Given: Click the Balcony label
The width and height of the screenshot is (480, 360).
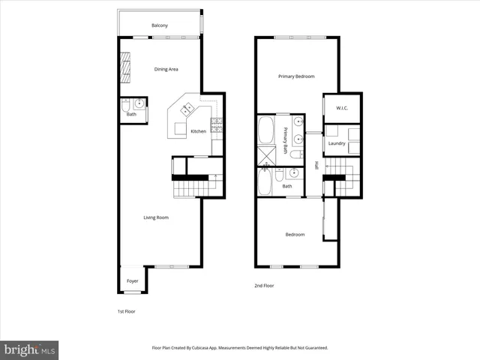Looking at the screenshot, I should coord(160,26).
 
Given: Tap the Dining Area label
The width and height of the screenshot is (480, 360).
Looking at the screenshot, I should coord(166,69).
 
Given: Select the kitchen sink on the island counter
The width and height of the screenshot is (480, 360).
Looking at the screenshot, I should coord(184,110).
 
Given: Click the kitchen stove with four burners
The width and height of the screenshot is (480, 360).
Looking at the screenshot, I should coord(217,124).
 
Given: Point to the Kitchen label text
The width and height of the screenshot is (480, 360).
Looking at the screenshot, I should coord(198,132).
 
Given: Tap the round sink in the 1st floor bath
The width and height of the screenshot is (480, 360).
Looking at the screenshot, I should coord(139,104).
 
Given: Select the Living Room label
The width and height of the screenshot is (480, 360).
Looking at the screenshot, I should coord(156,218).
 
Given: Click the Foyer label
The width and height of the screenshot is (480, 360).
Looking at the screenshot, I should coord(132,281).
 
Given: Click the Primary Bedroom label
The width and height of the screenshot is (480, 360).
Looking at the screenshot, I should coord(296,76).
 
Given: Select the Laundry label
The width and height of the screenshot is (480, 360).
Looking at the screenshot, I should coord(336,143).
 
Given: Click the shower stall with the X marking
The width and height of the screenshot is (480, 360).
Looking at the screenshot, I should coord(266,157).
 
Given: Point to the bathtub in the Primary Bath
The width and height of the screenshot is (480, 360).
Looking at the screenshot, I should coord(266,130).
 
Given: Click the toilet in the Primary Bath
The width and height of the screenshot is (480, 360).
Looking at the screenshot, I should coord(295,155).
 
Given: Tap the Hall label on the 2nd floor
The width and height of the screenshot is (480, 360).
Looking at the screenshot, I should coord(316,166).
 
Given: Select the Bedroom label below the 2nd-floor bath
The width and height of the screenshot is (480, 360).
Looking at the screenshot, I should coord(295,235).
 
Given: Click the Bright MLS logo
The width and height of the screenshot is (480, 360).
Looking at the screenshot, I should coord(30,349).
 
